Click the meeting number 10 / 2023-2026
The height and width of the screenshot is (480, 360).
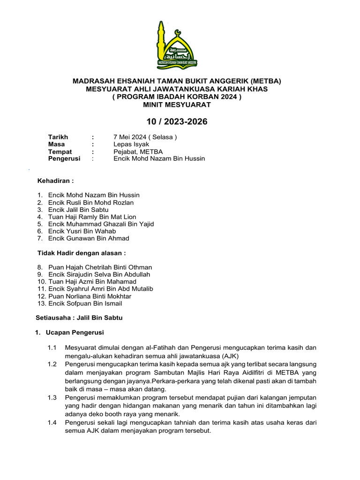(x=177, y=122)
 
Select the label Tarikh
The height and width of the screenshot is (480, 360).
(x=58, y=137)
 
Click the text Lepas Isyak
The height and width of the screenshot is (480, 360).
(x=132, y=144)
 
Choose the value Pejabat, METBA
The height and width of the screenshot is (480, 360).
(x=139, y=151)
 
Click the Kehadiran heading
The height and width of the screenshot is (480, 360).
(x=55, y=180)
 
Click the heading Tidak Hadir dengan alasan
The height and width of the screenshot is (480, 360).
(x=82, y=253)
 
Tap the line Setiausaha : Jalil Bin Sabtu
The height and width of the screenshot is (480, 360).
(x=79, y=317)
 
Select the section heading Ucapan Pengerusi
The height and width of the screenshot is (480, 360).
(x=75, y=333)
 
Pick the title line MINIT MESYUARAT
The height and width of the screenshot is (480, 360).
(x=177, y=105)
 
